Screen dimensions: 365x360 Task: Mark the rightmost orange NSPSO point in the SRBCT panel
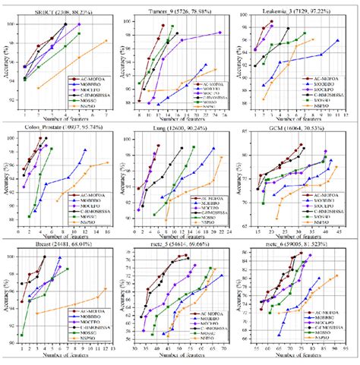tap(106, 40)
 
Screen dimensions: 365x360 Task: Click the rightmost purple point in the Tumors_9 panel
tap(220, 33)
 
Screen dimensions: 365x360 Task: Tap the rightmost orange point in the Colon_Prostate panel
tap(107, 162)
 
